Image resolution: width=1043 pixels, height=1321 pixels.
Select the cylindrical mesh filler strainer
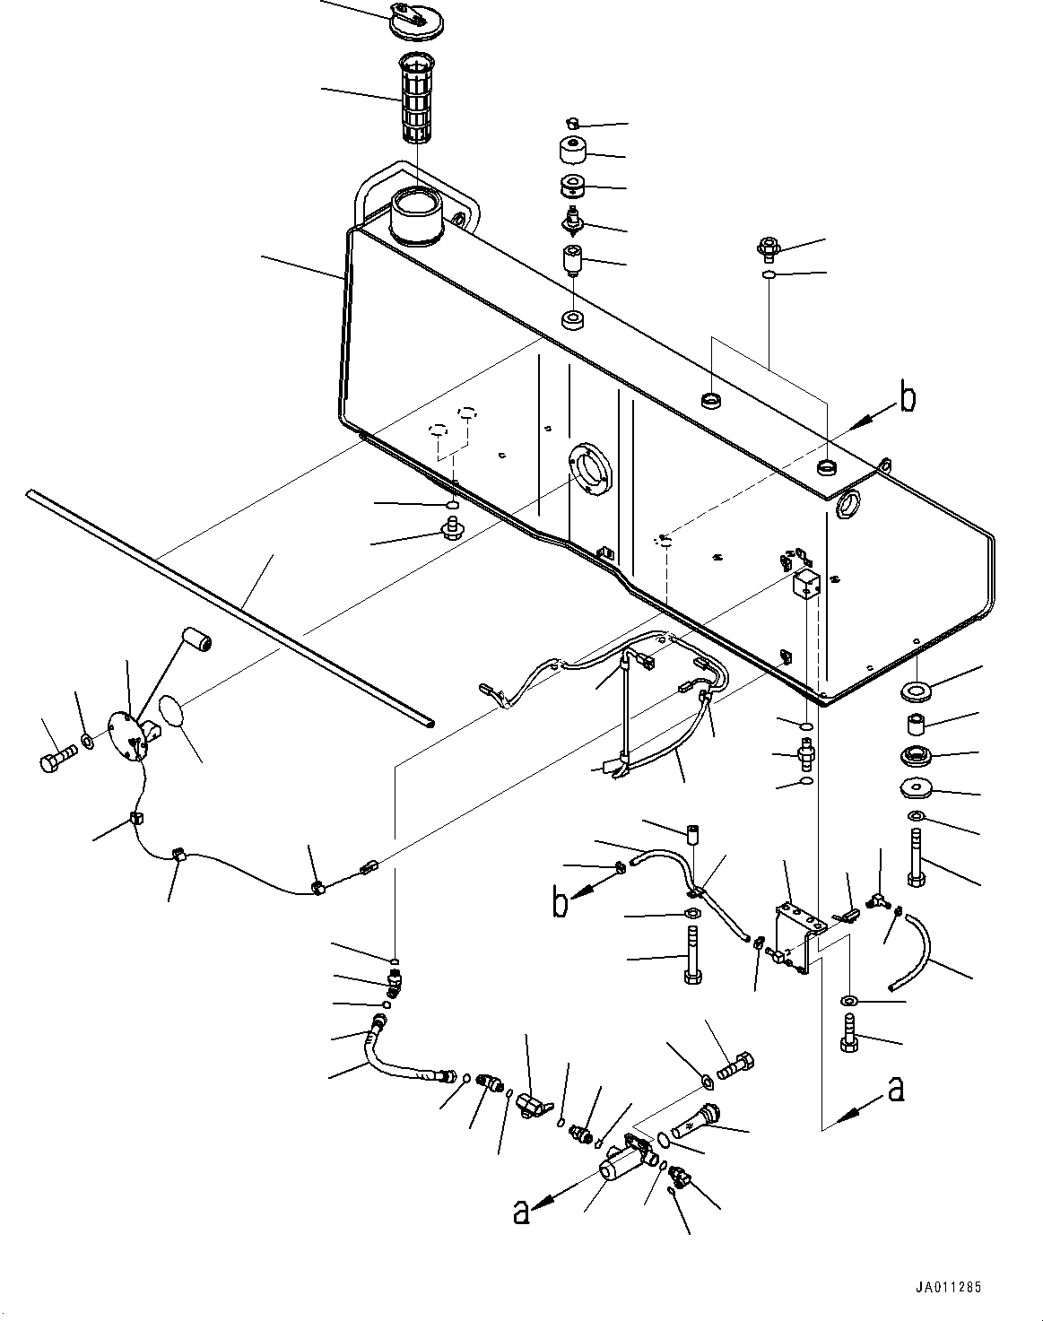coord(417,99)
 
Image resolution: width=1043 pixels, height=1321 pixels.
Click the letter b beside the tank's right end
coord(907,395)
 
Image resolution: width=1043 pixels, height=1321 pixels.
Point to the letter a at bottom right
coord(896,1089)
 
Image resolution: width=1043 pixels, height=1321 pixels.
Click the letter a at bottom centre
coord(520,1212)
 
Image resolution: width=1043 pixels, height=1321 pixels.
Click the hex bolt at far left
coord(57,757)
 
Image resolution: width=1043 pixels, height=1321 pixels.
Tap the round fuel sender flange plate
coord(128,734)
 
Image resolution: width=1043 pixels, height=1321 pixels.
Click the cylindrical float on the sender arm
coord(196,642)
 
